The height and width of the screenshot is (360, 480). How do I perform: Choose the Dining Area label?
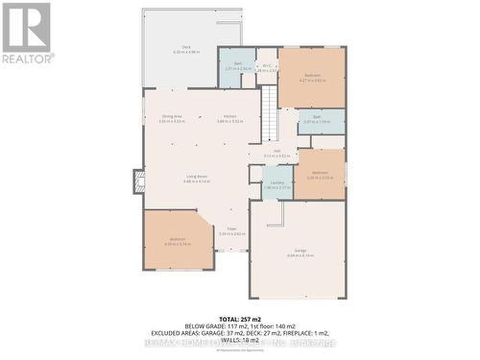coord(171,116)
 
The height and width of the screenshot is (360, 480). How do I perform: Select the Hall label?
coord(276,150)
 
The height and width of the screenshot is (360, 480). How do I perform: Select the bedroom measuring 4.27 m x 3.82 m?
coord(312,77)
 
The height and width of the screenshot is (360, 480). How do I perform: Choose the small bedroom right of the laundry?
coord(319,175)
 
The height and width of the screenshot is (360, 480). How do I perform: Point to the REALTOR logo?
coord(27,32)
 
